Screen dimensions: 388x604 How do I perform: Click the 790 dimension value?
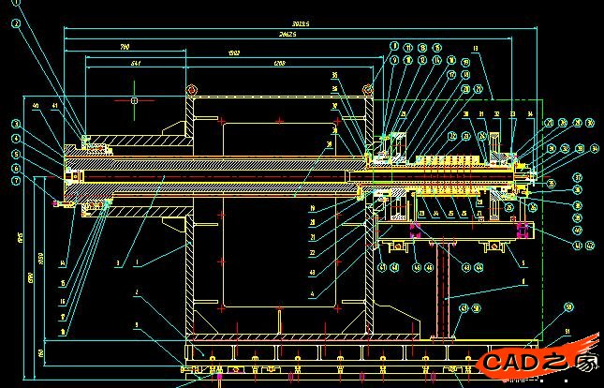click(x=125, y=46)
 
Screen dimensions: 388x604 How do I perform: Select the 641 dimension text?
click(x=136, y=63)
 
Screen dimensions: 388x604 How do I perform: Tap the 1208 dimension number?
click(x=279, y=63)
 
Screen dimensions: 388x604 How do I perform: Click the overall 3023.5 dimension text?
click(x=302, y=23)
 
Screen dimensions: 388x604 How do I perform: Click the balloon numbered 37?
click(x=579, y=177)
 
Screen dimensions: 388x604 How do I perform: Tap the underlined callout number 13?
click(x=476, y=48)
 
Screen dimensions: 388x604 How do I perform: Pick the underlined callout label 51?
click(x=566, y=330)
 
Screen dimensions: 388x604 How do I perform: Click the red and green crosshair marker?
click(x=134, y=98)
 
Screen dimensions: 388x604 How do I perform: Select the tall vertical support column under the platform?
click(x=440, y=291)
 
